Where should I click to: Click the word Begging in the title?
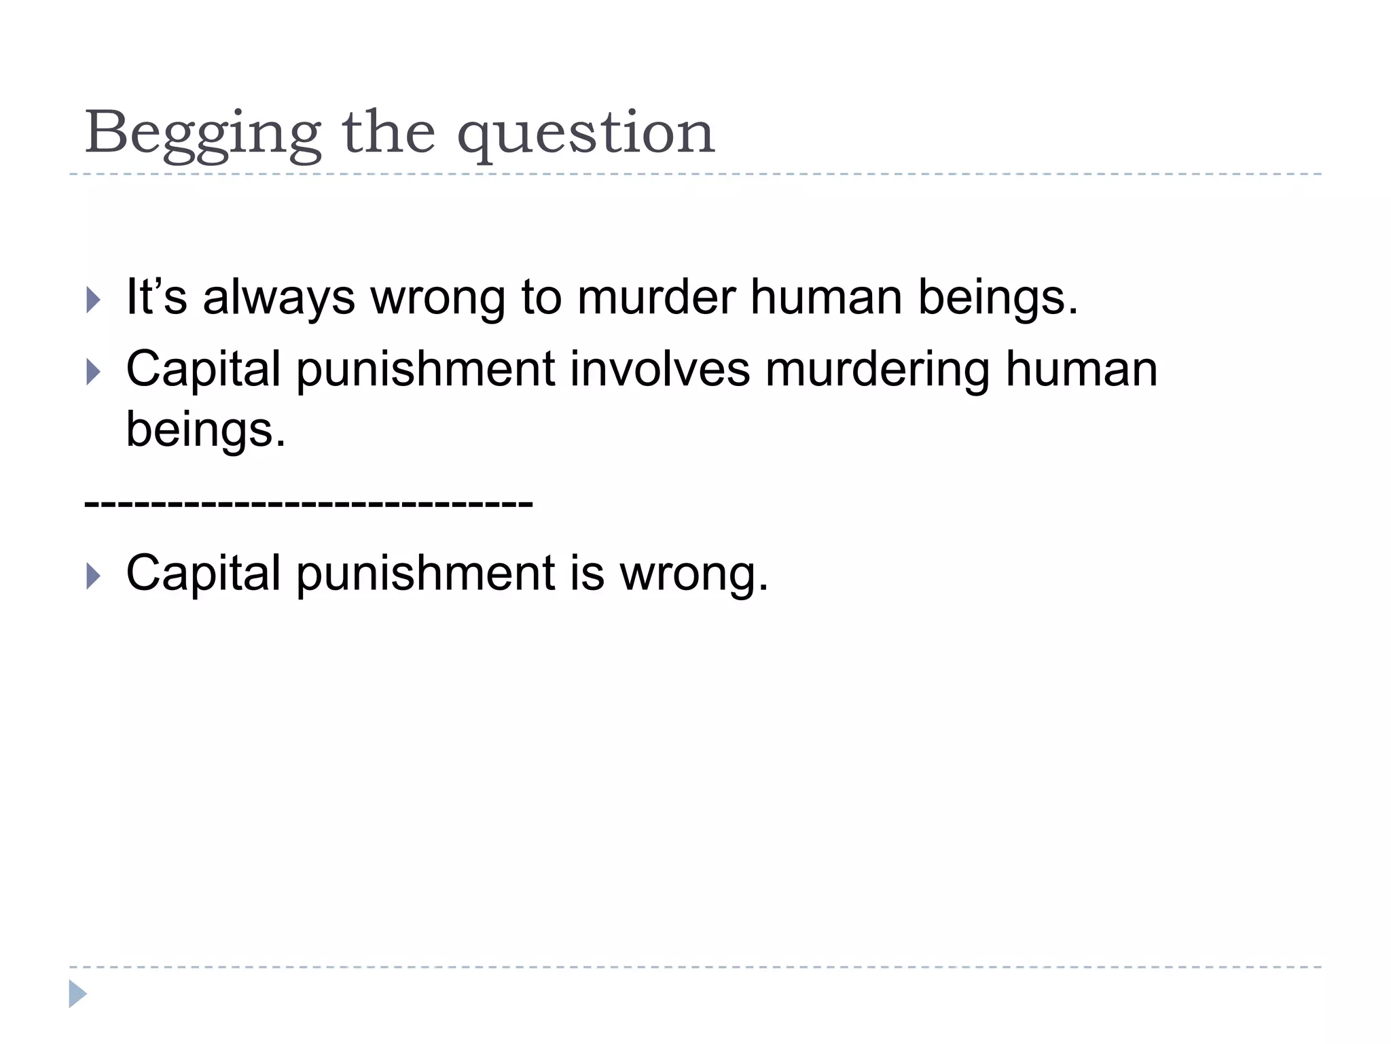(x=202, y=133)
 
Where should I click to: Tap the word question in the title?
(x=585, y=133)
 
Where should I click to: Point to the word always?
(x=279, y=298)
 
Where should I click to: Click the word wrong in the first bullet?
(x=439, y=298)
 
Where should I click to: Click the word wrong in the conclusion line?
(x=693, y=574)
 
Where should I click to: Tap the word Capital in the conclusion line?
(x=203, y=574)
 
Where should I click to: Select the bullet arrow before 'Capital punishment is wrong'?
(x=94, y=576)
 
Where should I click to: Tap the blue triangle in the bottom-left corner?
(x=77, y=994)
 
